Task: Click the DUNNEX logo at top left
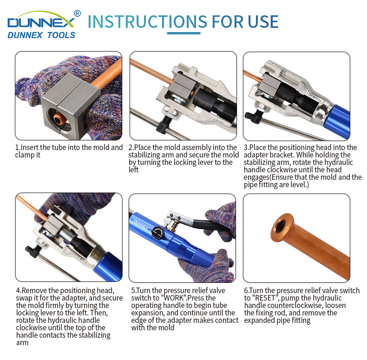41,24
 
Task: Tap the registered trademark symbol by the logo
77,13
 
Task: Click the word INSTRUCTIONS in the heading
147,21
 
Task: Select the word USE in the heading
263,21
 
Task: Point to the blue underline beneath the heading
184,33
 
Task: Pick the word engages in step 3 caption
256,177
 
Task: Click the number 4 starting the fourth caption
18,291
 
